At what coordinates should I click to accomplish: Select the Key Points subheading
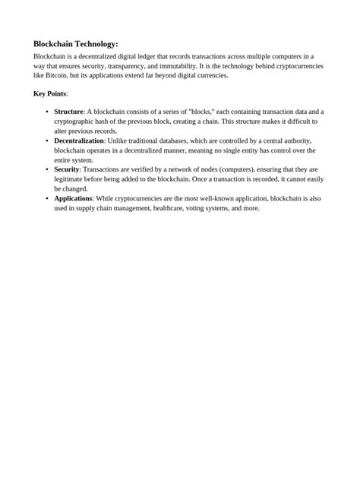(50, 94)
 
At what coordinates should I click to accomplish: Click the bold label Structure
(68, 112)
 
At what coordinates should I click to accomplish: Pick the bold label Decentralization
(79, 141)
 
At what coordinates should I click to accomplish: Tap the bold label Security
(67, 169)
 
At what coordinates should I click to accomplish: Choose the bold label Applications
(73, 198)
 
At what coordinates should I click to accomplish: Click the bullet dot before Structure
(47, 112)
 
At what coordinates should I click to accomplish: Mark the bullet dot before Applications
(47, 198)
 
